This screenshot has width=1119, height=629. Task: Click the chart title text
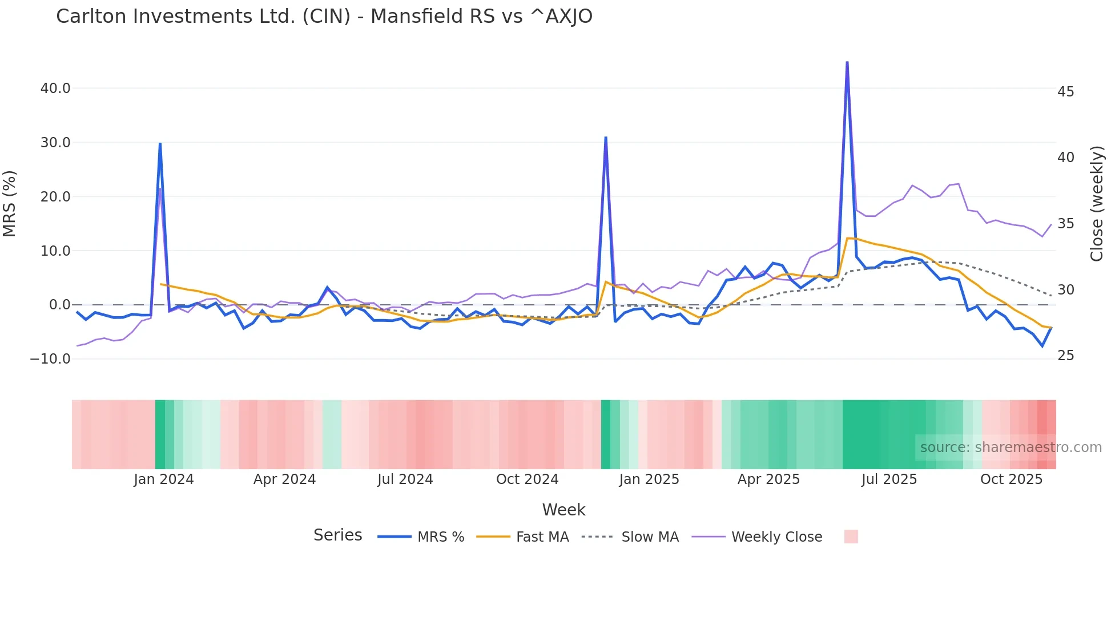click(x=324, y=17)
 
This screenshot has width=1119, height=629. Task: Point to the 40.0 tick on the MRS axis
click(x=55, y=88)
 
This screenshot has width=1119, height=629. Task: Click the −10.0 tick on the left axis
click(x=51, y=359)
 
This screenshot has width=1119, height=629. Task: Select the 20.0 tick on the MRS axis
click(x=55, y=197)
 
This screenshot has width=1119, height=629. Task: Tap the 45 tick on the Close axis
click(x=1065, y=92)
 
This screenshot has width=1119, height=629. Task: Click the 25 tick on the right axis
click(x=1065, y=356)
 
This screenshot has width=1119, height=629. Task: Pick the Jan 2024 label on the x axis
click(x=164, y=479)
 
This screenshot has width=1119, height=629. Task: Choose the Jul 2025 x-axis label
click(x=889, y=479)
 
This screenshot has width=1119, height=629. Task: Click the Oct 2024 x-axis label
click(x=527, y=479)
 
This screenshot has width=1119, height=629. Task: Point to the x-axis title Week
click(x=563, y=510)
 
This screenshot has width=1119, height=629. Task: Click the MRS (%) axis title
click(x=10, y=203)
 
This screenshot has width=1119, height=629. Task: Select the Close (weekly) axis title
click(x=1097, y=204)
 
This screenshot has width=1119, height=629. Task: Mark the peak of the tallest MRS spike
click(x=847, y=62)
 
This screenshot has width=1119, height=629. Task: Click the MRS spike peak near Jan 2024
click(x=160, y=143)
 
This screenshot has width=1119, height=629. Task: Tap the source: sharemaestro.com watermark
click(x=1011, y=447)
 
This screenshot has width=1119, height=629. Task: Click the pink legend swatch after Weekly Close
click(x=851, y=537)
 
